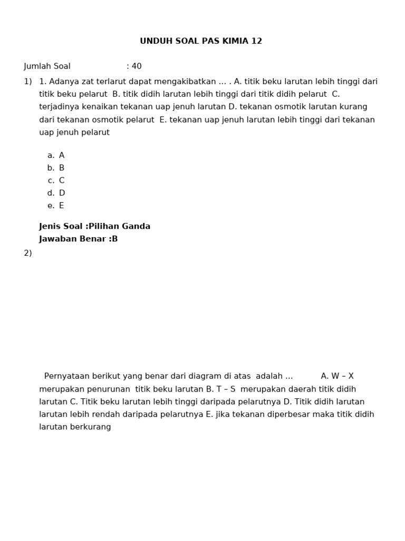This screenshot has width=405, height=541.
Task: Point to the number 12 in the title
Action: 257,41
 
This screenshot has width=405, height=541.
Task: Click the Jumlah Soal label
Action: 47,67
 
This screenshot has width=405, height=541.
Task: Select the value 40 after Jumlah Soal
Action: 137,67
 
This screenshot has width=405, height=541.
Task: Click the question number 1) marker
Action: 28,81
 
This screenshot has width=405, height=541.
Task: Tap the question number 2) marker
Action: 28,253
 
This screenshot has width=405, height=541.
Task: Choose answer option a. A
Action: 56,155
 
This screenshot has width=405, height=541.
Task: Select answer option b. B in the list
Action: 56,168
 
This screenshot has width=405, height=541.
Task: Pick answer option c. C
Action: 56,181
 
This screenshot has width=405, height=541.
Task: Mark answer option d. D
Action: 56,193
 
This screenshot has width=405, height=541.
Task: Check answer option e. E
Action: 56,206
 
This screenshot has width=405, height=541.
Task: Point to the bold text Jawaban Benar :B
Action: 79,239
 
